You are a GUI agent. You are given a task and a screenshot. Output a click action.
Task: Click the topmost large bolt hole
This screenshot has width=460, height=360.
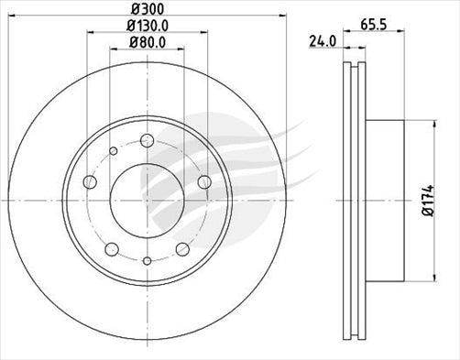(147, 139)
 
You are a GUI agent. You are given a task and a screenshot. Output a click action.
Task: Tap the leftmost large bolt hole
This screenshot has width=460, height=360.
(90, 182)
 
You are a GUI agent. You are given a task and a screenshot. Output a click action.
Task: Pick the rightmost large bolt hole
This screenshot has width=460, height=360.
(203, 182)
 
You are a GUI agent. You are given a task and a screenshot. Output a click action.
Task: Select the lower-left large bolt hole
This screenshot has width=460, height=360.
(112, 248)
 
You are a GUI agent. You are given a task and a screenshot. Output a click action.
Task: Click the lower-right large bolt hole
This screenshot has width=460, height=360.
(182, 248)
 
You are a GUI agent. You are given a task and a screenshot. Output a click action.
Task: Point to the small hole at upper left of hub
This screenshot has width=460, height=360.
(113, 151)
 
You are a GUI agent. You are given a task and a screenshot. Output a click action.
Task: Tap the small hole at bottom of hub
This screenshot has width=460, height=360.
(147, 261)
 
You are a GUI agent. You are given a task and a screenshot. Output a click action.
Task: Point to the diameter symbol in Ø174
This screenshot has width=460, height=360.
(443, 215)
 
